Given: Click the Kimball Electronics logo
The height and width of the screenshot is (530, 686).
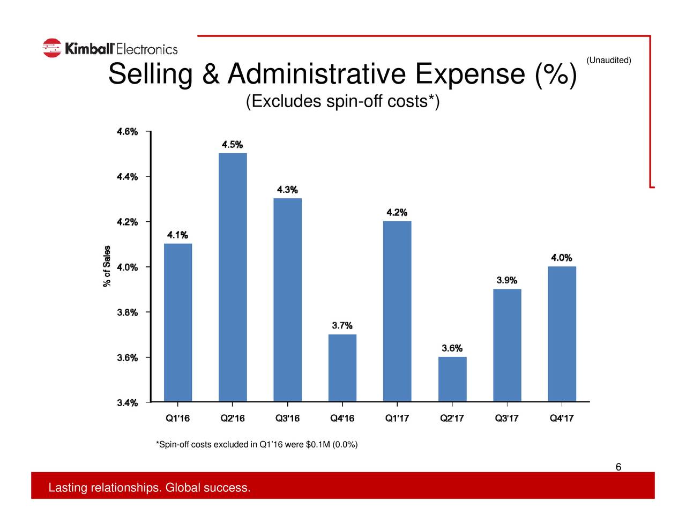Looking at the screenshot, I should tap(110, 49).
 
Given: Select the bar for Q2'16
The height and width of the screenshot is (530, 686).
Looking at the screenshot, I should tap(233, 277).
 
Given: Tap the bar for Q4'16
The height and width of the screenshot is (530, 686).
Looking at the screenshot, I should tap(342, 368).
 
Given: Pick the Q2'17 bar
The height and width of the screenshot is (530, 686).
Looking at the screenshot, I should tap(452, 379).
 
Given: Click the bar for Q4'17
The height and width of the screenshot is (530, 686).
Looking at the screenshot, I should tap(562, 333).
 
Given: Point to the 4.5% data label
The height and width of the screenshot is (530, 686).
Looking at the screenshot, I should tap(233, 145).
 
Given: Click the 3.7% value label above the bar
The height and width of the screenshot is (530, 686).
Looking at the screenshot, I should tap(342, 326).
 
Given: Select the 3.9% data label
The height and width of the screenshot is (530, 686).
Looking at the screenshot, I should tap(507, 280).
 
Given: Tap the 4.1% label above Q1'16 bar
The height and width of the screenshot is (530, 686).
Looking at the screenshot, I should tap(177, 235).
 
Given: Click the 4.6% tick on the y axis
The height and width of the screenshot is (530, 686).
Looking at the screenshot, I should tap(128, 132).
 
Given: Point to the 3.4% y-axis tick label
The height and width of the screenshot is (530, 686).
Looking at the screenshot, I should tap(128, 403).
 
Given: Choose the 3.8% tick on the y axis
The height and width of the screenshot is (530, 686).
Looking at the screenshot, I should tap(128, 312).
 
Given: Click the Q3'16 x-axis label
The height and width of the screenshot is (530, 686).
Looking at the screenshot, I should tap(287, 419).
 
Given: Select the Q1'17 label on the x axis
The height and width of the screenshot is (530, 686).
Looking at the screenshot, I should tap(397, 419).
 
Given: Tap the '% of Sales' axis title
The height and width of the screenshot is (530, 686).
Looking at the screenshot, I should tap(107, 266).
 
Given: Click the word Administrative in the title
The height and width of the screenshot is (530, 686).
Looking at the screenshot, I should tap(316, 74).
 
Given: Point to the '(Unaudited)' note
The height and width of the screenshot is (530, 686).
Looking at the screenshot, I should tap(609, 60).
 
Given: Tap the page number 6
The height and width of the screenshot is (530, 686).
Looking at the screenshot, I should tap(618, 467).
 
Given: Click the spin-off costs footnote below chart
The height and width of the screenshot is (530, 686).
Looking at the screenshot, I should tap(257, 445).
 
